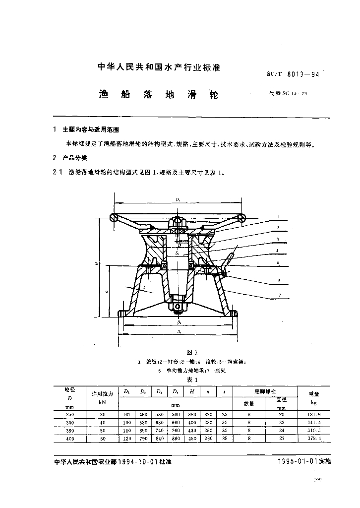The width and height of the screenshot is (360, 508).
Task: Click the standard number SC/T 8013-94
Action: pos(289,74)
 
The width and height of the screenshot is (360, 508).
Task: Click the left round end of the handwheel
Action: pos(115,218)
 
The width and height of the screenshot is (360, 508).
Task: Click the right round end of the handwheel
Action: pos(242,218)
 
